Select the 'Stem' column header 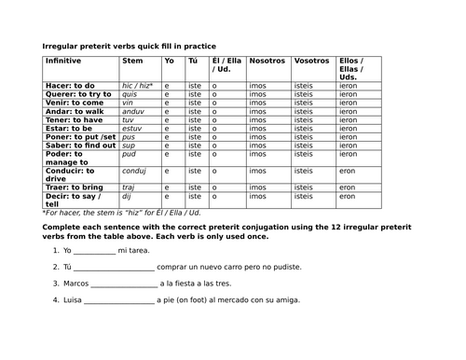tap(132, 61)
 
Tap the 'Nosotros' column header tap(267, 61)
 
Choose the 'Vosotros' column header tap(310, 61)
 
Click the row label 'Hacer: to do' tap(71, 85)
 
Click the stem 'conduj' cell tap(135, 171)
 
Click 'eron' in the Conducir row tap(347, 171)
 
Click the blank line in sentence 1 tap(94, 251)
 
